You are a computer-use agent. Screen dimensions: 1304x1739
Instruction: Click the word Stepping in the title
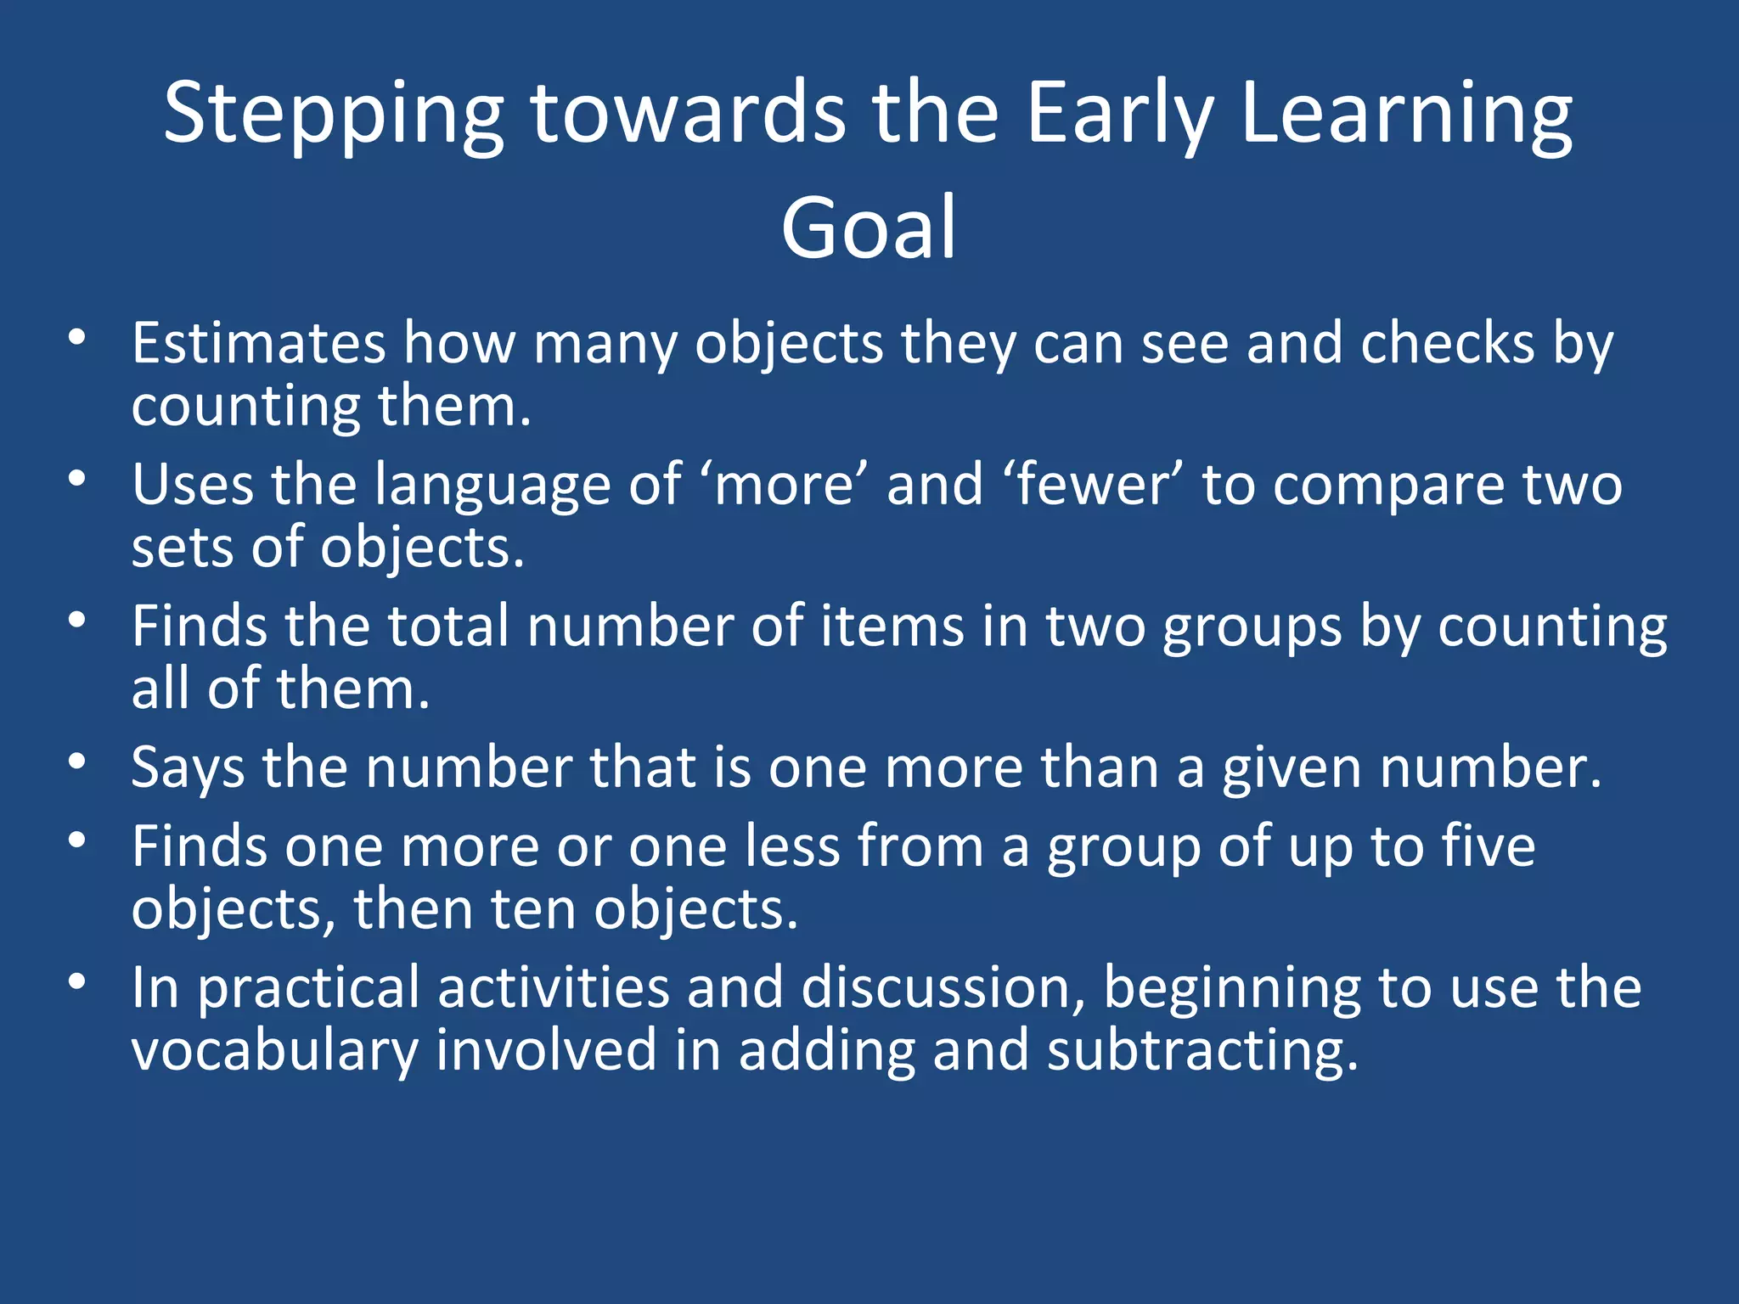(x=333, y=115)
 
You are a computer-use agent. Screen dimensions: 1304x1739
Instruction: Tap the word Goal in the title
(x=869, y=228)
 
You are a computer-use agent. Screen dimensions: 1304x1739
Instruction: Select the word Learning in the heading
(x=1405, y=115)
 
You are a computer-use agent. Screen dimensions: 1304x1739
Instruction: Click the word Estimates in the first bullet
(x=259, y=344)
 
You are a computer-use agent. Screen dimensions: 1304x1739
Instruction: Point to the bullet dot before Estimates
(x=77, y=338)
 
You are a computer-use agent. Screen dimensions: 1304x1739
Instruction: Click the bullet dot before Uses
(x=77, y=480)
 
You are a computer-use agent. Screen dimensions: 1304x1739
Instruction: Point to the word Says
(x=188, y=769)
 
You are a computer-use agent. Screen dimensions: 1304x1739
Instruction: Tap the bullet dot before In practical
(x=77, y=982)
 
